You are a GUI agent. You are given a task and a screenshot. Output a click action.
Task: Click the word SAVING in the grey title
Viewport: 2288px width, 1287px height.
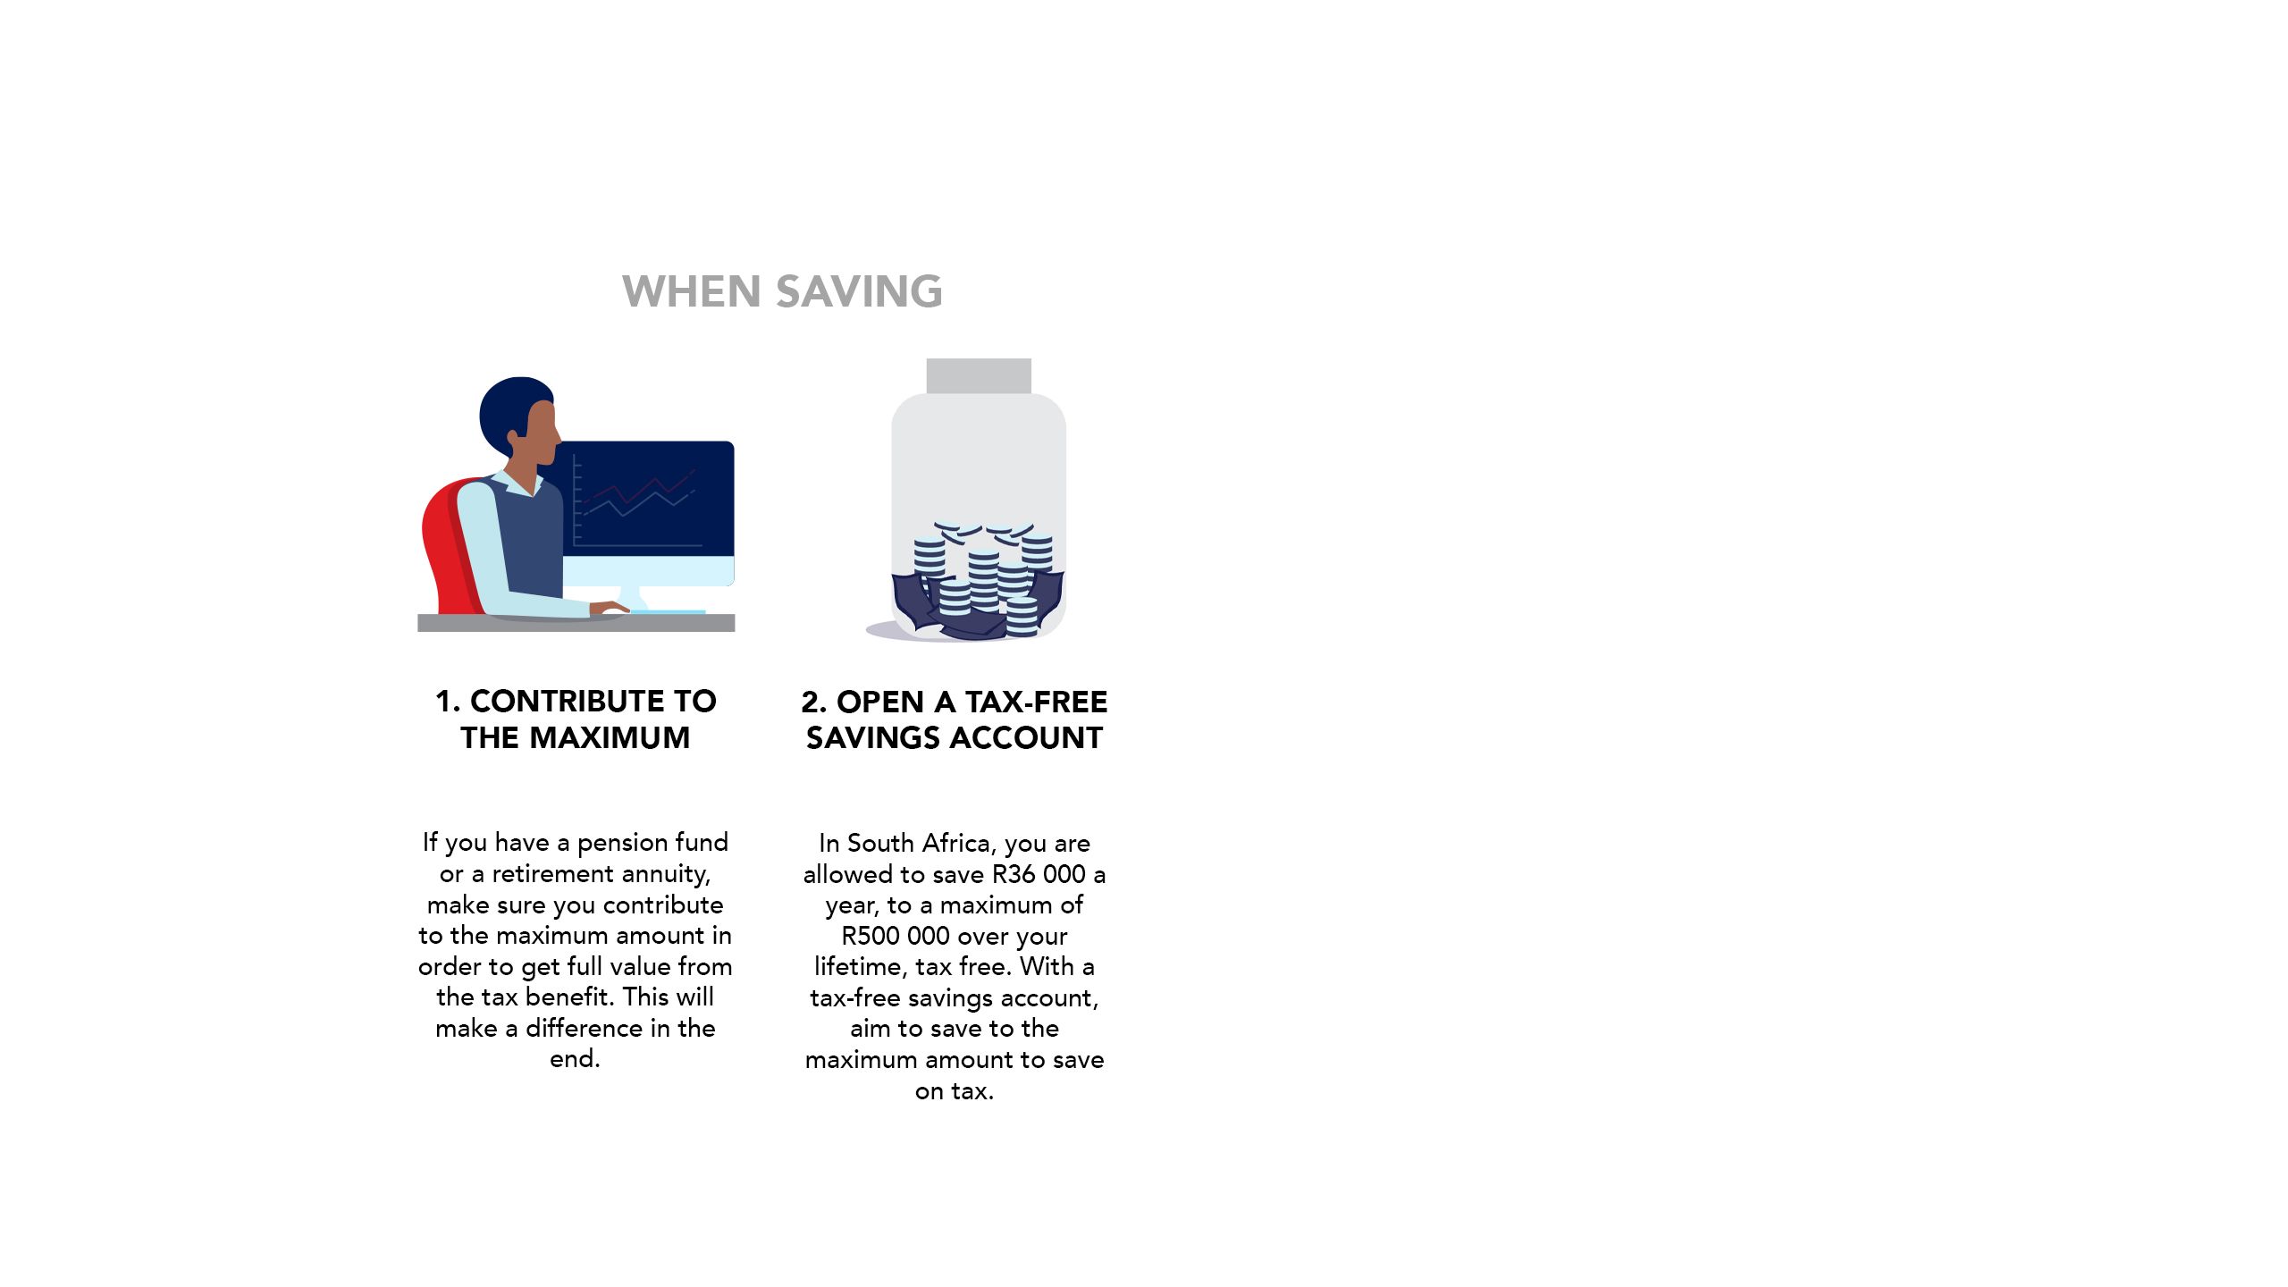pyautogui.click(x=859, y=291)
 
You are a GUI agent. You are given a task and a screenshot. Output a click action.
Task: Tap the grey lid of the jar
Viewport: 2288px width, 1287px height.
pyautogui.click(x=979, y=376)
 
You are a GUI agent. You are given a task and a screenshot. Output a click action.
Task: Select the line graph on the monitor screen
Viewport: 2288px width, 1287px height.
pyautogui.click(x=639, y=496)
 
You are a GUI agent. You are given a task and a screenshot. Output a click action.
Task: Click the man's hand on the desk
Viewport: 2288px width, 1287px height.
pyautogui.click(x=610, y=610)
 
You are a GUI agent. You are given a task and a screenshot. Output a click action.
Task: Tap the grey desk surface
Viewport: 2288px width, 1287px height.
pyautogui.click(x=576, y=623)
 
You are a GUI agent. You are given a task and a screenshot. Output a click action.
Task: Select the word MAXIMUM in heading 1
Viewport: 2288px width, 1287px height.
pyautogui.click(x=610, y=738)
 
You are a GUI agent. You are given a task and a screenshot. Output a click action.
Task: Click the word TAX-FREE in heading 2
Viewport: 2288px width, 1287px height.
pyautogui.click(x=1036, y=702)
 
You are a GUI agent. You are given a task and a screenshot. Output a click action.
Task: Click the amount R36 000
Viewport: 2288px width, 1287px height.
pyautogui.click(x=1039, y=874)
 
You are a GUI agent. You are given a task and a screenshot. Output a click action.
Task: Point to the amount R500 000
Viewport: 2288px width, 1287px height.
pyautogui.click(x=896, y=936)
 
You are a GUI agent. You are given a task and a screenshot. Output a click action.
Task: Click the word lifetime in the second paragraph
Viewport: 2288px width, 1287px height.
pyautogui.click(x=861, y=967)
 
